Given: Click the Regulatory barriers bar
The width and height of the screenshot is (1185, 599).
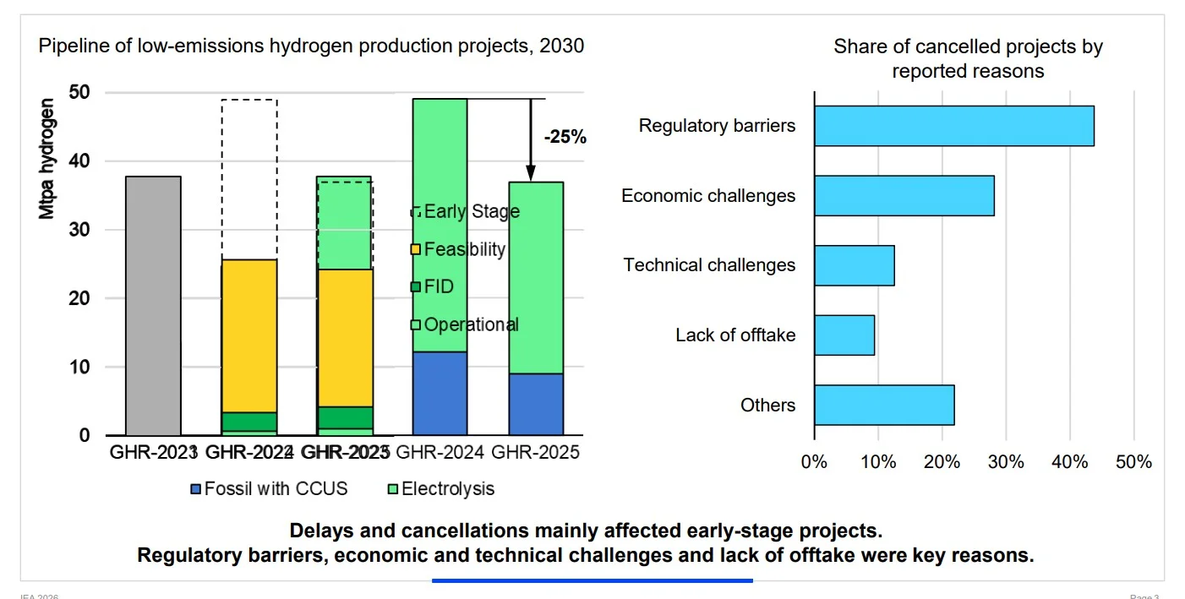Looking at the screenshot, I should point(953,126).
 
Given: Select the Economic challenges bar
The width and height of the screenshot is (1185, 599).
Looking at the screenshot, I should point(904,196).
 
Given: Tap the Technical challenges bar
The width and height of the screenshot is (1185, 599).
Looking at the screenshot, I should point(854,265).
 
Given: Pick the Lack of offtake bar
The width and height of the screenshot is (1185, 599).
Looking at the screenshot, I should point(844,335).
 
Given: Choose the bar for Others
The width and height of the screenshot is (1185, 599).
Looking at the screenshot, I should point(883,405).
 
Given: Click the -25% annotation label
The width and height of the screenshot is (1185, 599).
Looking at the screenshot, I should point(565,137).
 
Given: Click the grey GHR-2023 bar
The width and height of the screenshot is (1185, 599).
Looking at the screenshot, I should point(153,306).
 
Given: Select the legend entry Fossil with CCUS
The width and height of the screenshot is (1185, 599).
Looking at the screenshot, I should point(270,488).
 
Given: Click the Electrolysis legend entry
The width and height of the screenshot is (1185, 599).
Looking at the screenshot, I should point(440,488).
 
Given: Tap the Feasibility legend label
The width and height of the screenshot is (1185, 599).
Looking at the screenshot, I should point(464,249).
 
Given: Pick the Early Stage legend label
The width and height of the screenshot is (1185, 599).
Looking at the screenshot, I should point(471,211).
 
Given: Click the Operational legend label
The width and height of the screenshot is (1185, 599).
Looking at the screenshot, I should point(471,324).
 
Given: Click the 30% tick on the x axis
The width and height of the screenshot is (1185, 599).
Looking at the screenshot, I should point(1006,462).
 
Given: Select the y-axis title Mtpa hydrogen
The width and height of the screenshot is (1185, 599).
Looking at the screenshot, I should point(48,159).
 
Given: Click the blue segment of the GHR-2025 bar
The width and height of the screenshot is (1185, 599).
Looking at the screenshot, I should point(536,405).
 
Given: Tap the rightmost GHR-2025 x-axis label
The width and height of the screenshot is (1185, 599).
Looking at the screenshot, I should point(536,453).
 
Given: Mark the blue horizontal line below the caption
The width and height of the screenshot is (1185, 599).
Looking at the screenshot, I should point(592,580).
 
